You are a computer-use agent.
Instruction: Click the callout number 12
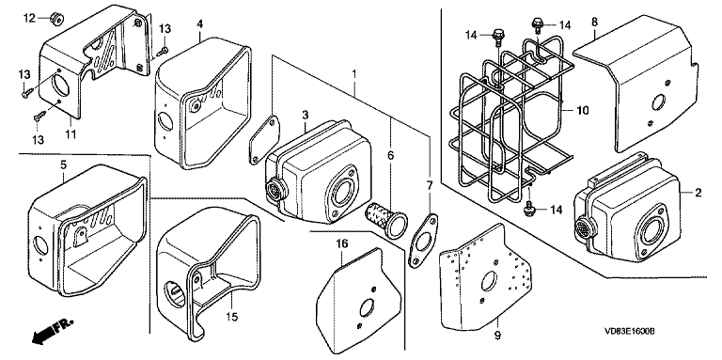coord(29,18)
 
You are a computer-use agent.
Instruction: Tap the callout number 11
coord(71,135)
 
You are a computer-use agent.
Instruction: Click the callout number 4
coord(200,23)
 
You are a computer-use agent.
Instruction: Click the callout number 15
coord(231,317)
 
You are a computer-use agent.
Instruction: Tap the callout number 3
coord(306,115)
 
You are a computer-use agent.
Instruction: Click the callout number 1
coord(354,73)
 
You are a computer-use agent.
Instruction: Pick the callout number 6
coord(390,156)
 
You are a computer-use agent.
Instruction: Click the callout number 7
coord(429,185)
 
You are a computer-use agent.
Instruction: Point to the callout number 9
coord(497,336)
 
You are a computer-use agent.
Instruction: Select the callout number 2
coord(698,193)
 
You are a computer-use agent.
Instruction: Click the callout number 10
coord(583,111)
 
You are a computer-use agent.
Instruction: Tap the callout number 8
coord(595,22)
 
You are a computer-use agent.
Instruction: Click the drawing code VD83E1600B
coord(630,331)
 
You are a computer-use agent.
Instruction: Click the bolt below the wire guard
coord(530,208)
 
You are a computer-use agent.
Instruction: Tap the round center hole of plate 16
coord(367,307)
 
